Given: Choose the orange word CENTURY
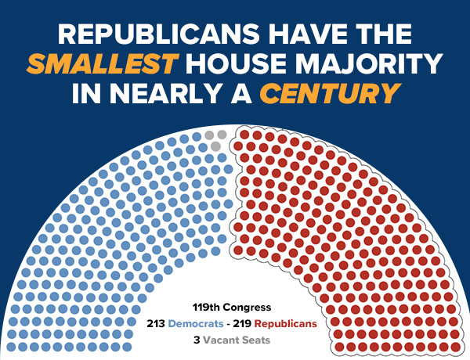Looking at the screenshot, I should coord(324,93).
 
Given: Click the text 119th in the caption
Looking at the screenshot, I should coord(208,307).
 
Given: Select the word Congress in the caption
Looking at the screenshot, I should coord(248,307).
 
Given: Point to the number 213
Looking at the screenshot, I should coord(159,323).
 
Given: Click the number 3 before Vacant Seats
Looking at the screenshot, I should coord(196,340).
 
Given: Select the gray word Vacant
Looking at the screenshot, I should coord(222,340).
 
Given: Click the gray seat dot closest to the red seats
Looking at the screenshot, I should coord(222,135).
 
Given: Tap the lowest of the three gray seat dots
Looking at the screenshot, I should coord(215,146).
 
